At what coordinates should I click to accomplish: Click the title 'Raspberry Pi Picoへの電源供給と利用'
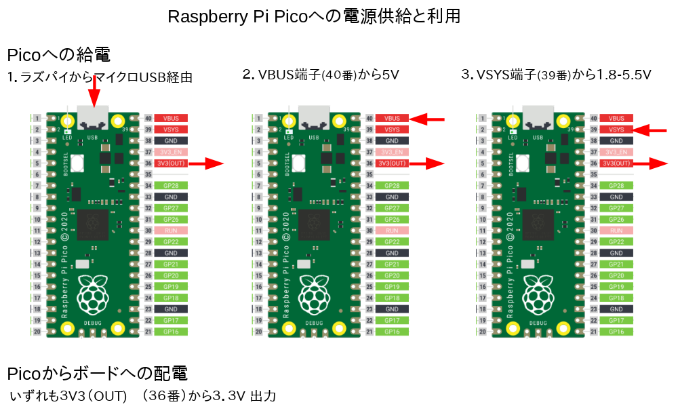[314, 17]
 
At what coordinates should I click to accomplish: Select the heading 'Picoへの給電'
[58, 55]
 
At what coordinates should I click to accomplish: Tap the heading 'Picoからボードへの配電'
[97, 374]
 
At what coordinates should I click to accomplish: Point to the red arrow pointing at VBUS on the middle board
[429, 119]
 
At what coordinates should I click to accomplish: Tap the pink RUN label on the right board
[616, 231]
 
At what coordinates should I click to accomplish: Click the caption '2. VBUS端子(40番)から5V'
[321, 75]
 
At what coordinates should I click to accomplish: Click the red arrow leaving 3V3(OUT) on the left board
[206, 163]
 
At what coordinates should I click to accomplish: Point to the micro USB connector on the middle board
[313, 117]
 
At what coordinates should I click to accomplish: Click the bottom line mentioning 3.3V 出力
[143, 396]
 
